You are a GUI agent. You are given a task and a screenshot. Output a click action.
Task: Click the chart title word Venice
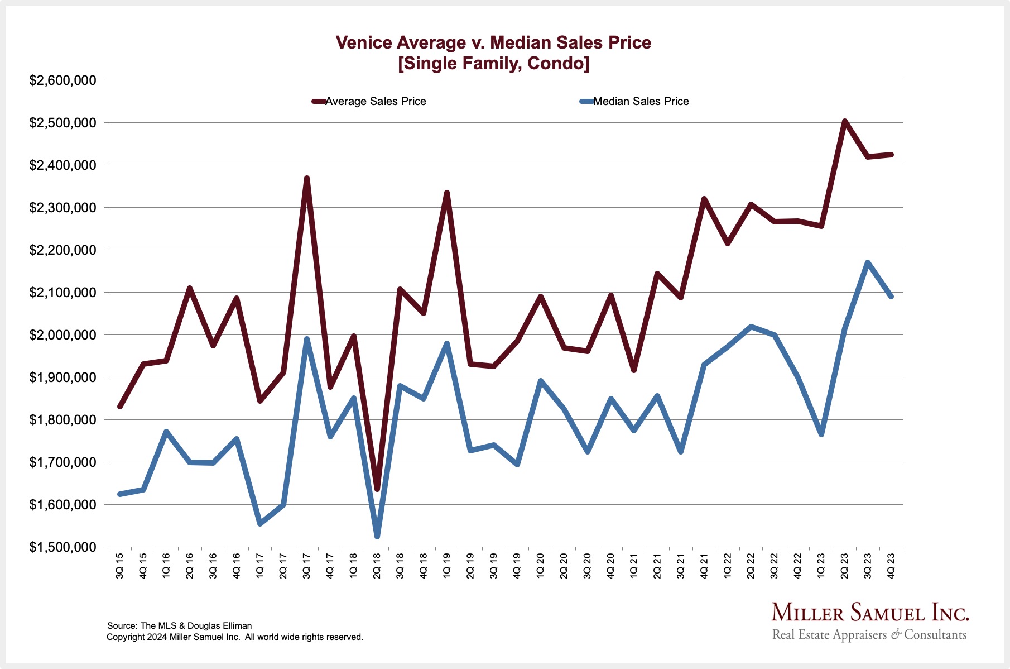coord(364,42)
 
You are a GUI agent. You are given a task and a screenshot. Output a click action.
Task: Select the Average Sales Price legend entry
coord(375,101)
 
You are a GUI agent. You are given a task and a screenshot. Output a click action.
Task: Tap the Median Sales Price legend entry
coord(641,101)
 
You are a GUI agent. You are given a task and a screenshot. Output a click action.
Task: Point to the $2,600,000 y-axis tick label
coord(63,80)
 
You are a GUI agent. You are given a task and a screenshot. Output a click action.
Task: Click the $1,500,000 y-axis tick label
coord(63,547)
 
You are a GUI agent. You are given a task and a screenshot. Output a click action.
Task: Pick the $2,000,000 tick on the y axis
coord(63,335)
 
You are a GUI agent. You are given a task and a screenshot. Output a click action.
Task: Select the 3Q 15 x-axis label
coord(120,566)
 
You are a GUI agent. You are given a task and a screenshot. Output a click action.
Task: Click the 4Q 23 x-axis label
coord(891,566)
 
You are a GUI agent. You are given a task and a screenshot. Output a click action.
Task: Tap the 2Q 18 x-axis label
coord(377,566)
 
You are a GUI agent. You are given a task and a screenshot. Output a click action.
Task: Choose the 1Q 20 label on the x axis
coord(541,566)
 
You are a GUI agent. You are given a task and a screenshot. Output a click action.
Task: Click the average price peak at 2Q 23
coord(845,121)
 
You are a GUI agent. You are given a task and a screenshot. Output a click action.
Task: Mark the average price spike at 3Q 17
coord(307,179)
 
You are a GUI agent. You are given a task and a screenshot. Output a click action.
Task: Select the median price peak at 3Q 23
coord(868,262)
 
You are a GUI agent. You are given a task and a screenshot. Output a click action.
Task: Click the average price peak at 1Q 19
coord(447,193)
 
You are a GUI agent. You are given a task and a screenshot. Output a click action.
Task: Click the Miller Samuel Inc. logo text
coord(870,613)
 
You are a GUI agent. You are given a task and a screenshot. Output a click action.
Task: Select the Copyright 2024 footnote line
coord(235,637)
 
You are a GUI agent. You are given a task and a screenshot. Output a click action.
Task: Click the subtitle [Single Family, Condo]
coord(493,64)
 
